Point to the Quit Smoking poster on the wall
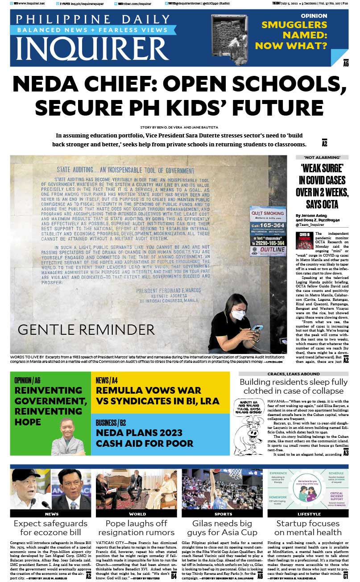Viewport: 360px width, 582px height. click(268, 231)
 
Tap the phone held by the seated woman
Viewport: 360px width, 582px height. click(257, 328)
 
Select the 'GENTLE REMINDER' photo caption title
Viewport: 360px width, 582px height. click(86, 330)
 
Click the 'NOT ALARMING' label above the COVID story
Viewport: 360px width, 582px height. click(322, 158)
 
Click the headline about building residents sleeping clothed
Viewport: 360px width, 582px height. click(293, 387)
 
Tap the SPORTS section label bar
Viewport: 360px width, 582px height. click(222, 514)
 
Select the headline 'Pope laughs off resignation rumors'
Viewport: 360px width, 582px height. click(136, 528)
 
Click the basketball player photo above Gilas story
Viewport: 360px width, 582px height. click(222, 489)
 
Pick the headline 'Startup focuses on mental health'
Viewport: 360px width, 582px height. click(308, 528)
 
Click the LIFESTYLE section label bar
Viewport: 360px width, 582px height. click(308, 514)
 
